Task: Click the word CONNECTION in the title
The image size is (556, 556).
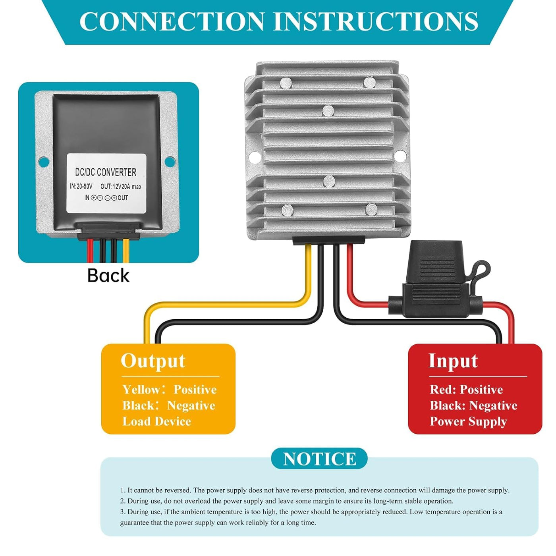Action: (172, 21)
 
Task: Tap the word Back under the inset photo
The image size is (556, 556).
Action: (108, 276)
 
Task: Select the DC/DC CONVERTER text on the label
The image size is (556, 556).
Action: (106, 172)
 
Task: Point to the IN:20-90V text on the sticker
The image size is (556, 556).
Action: (81, 186)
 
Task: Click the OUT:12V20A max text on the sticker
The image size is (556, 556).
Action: (121, 187)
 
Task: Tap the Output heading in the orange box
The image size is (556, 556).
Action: (153, 361)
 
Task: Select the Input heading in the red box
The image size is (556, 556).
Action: (453, 361)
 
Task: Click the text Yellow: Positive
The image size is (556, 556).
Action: (170, 390)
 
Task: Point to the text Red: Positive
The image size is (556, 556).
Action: (466, 390)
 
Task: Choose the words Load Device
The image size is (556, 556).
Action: (156, 421)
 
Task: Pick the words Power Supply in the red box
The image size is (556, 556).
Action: (468, 421)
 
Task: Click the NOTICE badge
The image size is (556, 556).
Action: (319, 459)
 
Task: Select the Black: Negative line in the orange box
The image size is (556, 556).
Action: (169, 405)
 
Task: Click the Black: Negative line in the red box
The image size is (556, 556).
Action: (473, 405)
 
